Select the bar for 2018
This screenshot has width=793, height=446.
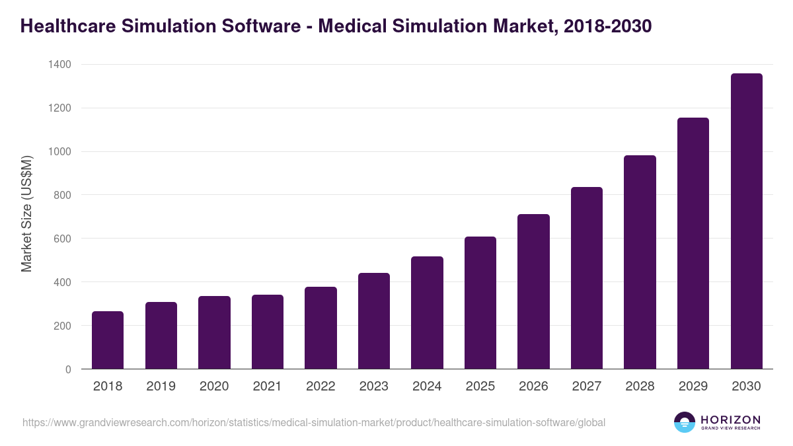(108, 340)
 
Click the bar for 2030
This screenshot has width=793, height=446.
(746, 221)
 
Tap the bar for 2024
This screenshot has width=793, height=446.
(427, 313)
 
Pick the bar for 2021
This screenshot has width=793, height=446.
(268, 332)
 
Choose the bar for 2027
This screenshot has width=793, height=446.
(587, 278)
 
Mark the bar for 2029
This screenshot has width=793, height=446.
(693, 243)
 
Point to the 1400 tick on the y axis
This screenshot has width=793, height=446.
(59, 65)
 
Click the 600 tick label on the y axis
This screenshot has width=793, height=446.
(62, 239)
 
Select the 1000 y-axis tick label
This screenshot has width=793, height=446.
(59, 152)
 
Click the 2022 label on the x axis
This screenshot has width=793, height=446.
(321, 387)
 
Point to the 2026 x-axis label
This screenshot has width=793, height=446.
(533, 387)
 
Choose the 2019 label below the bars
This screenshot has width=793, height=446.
(161, 387)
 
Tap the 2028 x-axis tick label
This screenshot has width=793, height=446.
(640, 387)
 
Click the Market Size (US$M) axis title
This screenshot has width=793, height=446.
(26, 214)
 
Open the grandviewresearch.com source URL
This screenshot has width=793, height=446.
(314, 422)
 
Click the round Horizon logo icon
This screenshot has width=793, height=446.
(685, 422)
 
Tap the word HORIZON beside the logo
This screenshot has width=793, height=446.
(730, 420)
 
